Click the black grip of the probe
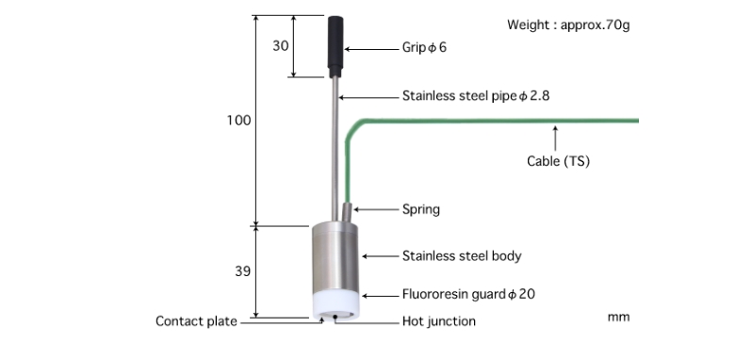pyautogui.click(x=335, y=46)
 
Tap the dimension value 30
pyautogui.click(x=280, y=46)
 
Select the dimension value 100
pyautogui.click(x=239, y=121)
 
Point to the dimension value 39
pyautogui.click(x=243, y=271)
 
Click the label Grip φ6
pyautogui.click(x=424, y=47)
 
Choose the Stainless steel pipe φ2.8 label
pyautogui.click(x=476, y=96)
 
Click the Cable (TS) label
pyautogui.click(x=558, y=161)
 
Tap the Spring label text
pyautogui.click(x=421, y=209)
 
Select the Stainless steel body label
pyautogui.click(x=462, y=255)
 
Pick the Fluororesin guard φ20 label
pyautogui.click(x=468, y=294)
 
